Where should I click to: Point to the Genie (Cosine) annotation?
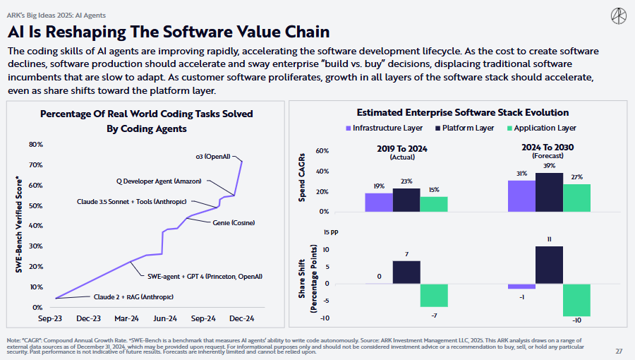pos(234,223)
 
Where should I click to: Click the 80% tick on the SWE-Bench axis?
pos(35,145)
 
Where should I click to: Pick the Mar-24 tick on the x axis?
pos(126,318)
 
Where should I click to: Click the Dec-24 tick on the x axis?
pos(241,318)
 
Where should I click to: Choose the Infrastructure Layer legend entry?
pos(384,128)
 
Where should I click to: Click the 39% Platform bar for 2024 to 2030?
pos(549,192)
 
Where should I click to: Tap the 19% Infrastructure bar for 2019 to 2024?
pos(378,203)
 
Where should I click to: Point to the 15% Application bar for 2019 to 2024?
pos(433,204)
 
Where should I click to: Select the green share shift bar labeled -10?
pos(576,300)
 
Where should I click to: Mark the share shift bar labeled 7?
pos(406,272)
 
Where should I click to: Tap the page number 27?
pos(619,351)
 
